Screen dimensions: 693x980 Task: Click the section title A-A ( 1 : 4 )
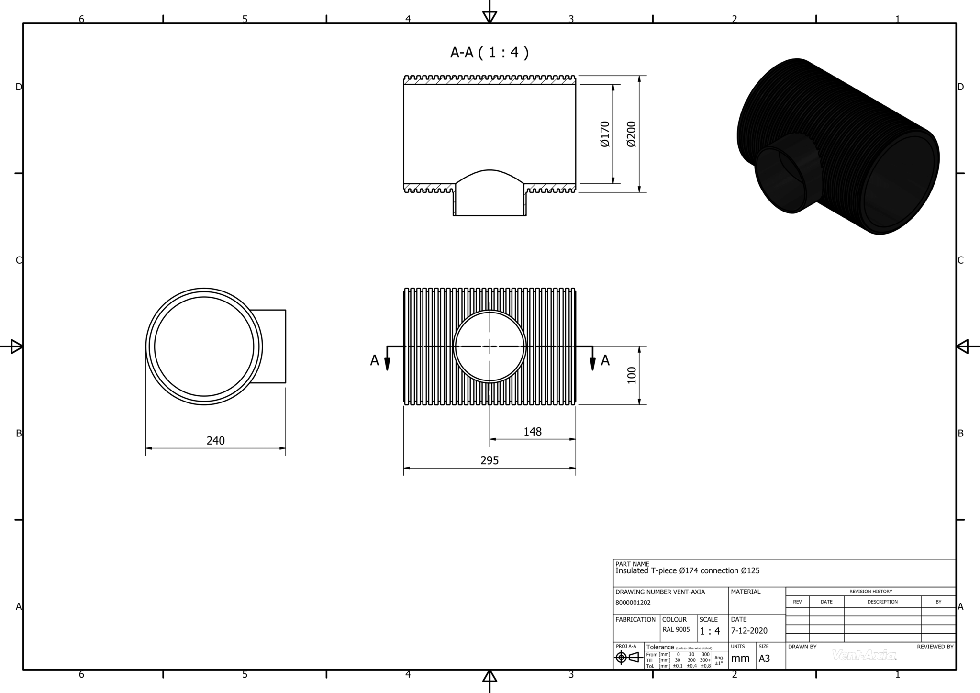coord(489,53)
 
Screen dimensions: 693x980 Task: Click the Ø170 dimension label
coord(605,134)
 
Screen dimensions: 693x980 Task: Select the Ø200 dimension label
coord(631,134)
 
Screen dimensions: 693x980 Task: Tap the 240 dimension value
coord(215,440)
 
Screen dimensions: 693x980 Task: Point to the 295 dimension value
coord(489,460)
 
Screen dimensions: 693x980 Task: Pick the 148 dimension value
coord(532,432)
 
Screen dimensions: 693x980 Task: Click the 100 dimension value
coord(632,375)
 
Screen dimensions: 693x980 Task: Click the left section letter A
coord(374,361)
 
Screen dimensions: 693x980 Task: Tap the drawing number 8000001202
coord(633,603)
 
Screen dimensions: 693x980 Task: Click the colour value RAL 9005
coord(676,630)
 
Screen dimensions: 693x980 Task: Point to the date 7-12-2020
coord(749,631)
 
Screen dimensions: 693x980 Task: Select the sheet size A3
coord(764,659)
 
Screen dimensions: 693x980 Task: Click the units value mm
coord(740,659)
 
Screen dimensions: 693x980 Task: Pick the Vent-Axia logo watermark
coord(864,655)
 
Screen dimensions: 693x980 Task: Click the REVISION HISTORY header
coord(870,592)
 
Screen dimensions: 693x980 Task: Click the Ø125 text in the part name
coord(750,571)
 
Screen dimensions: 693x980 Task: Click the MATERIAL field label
coord(746,592)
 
